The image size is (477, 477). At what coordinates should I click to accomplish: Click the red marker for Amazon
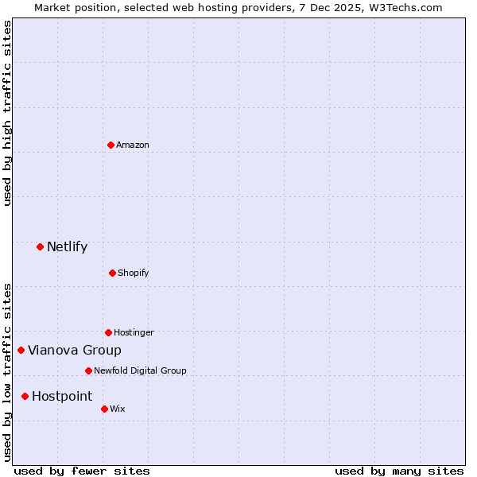coord(111,145)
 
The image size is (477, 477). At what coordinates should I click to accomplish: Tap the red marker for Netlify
coord(40,246)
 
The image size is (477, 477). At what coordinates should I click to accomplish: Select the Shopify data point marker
coord(112,273)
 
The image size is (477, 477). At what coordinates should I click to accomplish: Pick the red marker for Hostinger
coord(108,332)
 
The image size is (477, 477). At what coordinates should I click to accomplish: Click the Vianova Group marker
coord(21,350)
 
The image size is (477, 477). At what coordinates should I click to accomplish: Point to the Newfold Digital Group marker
coord(88,370)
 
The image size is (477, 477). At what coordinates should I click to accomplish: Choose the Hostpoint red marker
coord(25,396)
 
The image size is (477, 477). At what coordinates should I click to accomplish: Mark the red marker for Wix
coord(104,409)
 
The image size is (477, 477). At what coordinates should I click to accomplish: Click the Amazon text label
coord(133,145)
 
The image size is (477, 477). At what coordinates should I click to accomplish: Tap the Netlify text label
coord(67,246)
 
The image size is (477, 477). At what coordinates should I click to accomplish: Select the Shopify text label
coord(134,273)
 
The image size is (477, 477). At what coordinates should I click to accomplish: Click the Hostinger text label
coord(134,332)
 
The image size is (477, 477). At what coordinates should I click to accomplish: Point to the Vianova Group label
coord(75,350)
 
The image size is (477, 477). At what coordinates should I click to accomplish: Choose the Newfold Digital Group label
coord(140,370)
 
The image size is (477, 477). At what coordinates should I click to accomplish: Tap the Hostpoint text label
coord(62,396)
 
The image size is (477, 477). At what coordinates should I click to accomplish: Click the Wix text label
coord(118,409)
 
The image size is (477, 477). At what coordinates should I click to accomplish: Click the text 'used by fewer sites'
coord(82,471)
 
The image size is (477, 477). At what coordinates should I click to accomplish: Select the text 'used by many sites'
coord(399,471)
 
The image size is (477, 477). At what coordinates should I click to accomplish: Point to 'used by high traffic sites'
coord(7,113)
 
